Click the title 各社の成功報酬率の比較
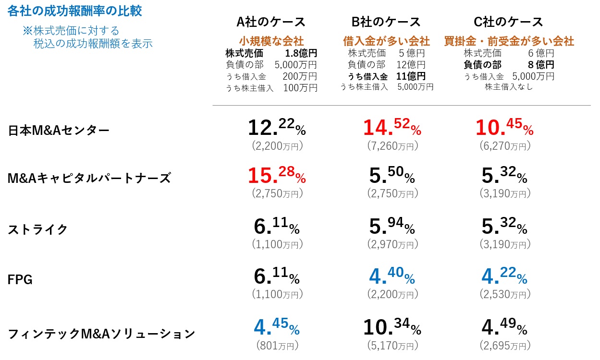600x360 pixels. (75, 11)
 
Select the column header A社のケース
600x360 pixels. (271, 22)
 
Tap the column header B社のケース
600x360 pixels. (386, 22)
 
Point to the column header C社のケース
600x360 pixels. (509, 22)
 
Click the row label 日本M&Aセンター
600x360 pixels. (59, 130)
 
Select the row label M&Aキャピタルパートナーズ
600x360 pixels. (89, 179)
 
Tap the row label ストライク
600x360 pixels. (38, 229)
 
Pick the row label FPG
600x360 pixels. (20, 279)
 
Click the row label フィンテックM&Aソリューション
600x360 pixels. (101, 333)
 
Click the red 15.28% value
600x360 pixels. (277, 177)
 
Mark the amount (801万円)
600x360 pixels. (277, 345)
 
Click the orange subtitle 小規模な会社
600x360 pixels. (271, 41)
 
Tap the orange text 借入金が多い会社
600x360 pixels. (386, 41)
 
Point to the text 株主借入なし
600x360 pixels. (509, 87)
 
